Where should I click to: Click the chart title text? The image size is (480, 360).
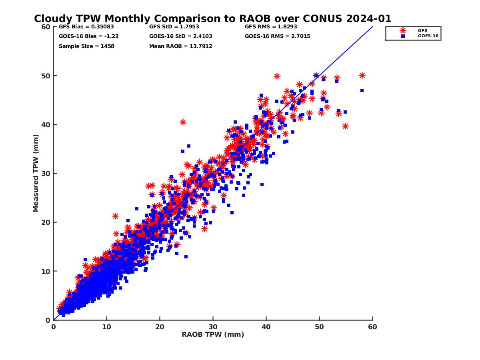pos(212,19)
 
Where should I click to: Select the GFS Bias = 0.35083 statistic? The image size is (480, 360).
pos(86,27)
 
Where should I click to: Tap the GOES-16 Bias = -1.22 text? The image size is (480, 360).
pos(88,36)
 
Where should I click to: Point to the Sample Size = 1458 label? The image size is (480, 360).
pos(86,46)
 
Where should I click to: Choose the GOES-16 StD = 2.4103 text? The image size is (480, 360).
pos(180,36)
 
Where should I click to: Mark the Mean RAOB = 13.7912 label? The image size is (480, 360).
pos(180,46)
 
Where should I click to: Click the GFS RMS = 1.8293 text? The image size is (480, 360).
pos(271,27)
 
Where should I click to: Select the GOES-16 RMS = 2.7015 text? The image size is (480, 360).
pos(277,36)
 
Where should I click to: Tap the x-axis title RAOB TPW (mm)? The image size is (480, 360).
pos(213,335)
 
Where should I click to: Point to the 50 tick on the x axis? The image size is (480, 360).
pos(319,327)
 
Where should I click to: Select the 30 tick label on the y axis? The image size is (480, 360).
pos(46,174)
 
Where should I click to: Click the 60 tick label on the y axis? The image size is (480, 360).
pos(46,27)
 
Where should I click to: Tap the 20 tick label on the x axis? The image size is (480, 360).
pos(160,327)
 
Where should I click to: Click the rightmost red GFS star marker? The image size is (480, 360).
pos(362,76)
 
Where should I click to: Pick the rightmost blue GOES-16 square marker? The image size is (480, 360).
pos(362,90)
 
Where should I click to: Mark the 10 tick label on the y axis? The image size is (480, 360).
pos(46,272)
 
